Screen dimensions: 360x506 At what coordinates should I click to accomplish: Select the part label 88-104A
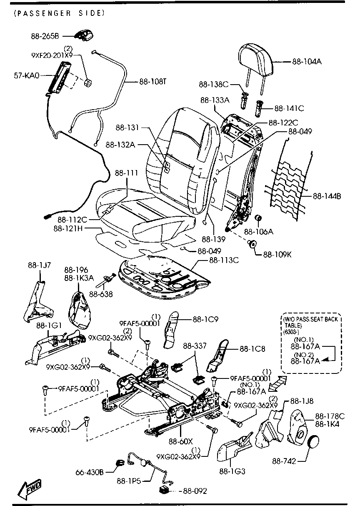pyautogui.click(x=307, y=61)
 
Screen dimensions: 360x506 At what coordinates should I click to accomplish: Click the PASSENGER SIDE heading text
pyautogui.click(x=60, y=13)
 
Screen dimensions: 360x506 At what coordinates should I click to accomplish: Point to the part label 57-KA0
pyautogui.click(x=27, y=75)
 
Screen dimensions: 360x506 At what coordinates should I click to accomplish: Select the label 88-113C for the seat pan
pyautogui.click(x=224, y=260)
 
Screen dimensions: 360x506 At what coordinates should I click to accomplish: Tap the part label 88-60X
pyautogui.click(x=181, y=441)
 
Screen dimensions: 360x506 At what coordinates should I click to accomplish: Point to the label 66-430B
pyautogui.click(x=90, y=472)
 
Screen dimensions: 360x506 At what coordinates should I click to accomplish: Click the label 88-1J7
pyautogui.click(x=39, y=265)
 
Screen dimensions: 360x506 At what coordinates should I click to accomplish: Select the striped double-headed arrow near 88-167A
pyautogui.click(x=277, y=384)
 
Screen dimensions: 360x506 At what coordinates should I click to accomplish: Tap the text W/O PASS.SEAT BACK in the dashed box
pyautogui.click(x=310, y=319)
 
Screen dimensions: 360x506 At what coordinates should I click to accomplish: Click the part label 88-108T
pyautogui.click(x=152, y=82)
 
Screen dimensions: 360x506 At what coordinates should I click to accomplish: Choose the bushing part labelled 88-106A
pyautogui.click(x=258, y=218)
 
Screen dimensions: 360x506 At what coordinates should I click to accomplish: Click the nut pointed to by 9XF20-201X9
pyautogui.click(x=88, y=83)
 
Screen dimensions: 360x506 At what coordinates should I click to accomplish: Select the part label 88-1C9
pyautogui.click(x=205, y=319)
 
